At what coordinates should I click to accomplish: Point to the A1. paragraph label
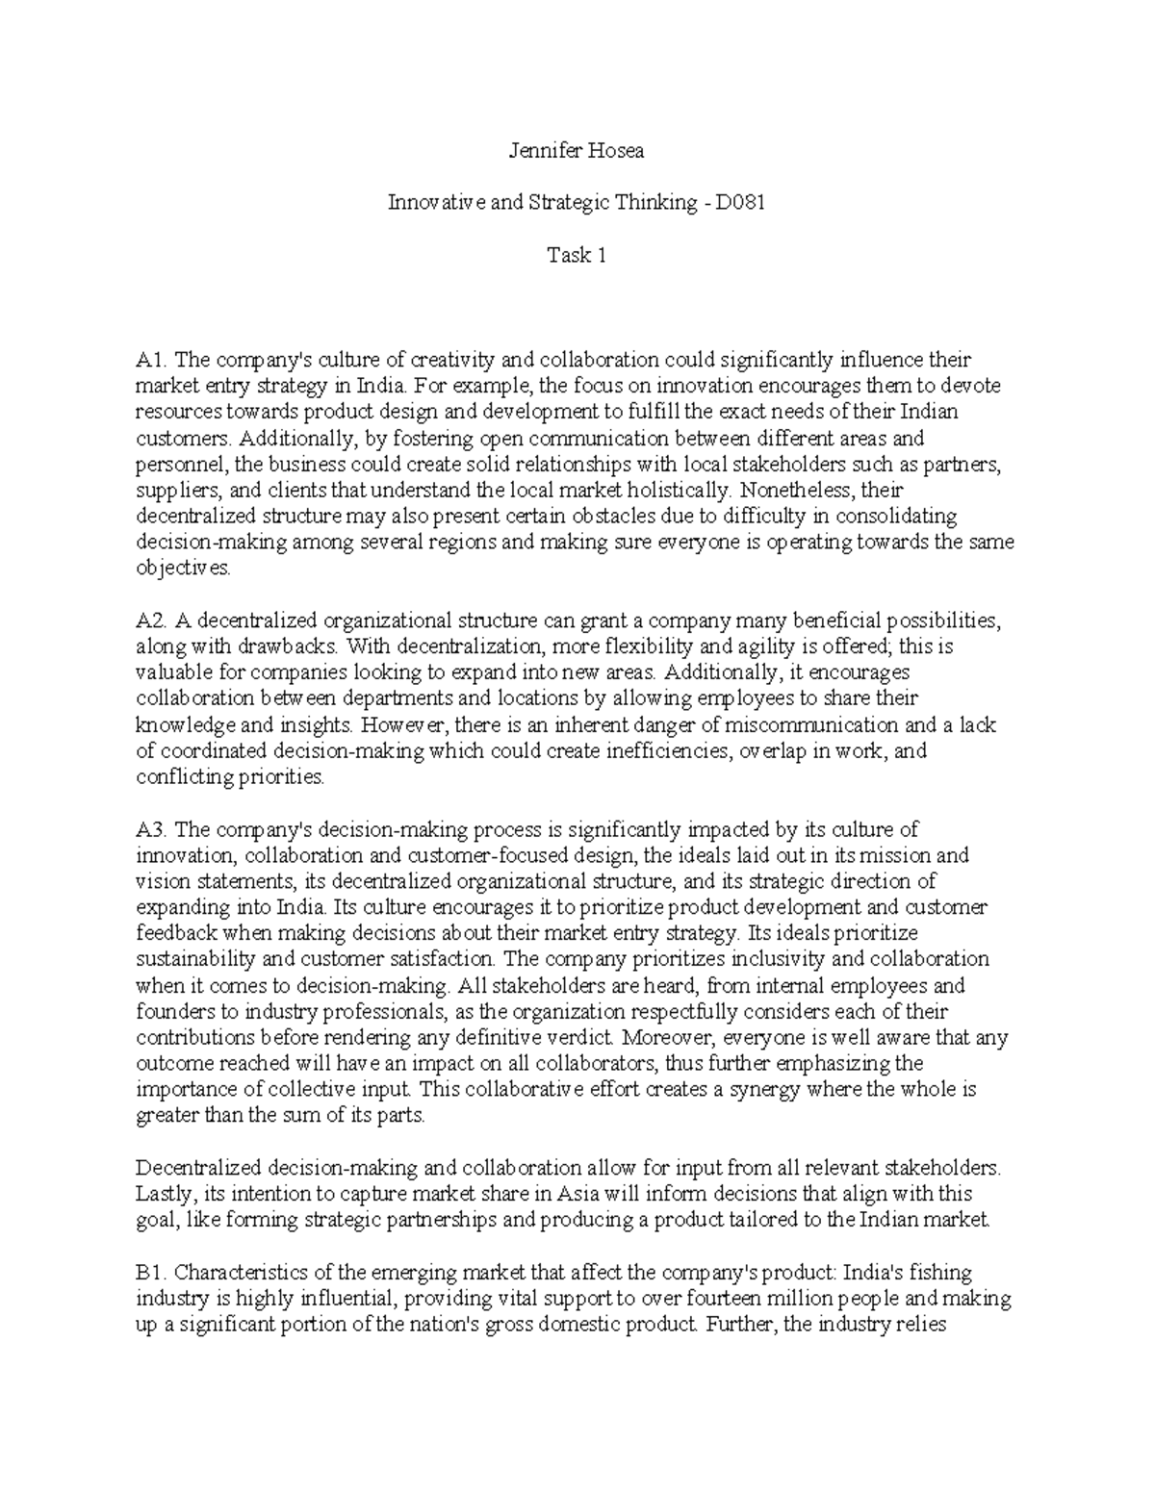pos(152,360)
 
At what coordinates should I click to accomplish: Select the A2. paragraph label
pos(152,620)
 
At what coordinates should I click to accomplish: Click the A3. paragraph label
pos(152,828)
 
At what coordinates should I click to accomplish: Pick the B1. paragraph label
pos(151,1273)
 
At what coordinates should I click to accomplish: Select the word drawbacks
pos(294,646)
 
